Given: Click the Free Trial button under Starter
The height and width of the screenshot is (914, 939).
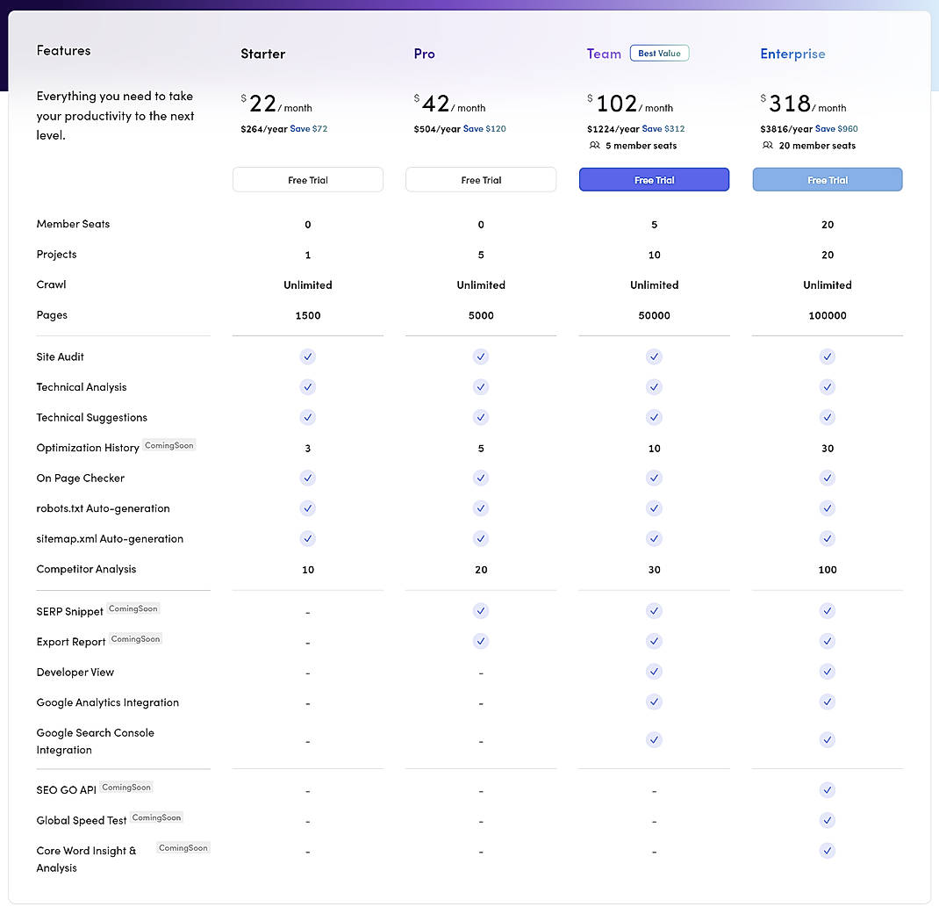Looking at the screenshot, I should pyautogui.click(x=308, y=180).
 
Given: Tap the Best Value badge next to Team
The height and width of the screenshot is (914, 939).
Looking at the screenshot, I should pyautogui.click(x=659, y=54).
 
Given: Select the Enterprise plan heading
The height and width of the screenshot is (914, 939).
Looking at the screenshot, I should pyautogui.click(x=792, y=54).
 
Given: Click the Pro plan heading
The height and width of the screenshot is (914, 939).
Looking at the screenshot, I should pyautogui.click(x=424, y=54).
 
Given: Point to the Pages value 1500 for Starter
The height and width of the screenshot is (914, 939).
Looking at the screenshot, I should pyautogui.click(x=308, y=315).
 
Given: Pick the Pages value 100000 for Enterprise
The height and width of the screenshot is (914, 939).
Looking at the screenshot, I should pyautogui.click(x=828, y=315).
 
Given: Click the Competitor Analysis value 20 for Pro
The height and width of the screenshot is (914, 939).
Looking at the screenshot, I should pyautogui.click(x=481, y=570).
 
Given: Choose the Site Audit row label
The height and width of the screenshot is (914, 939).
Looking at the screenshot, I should pyautogui.click(x=61, y=356).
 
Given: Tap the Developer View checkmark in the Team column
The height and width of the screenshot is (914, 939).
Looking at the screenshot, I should pyautogui.click(x=654, y=672).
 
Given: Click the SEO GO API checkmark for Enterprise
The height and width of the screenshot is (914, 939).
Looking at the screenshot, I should pyautogui.click(x=827, y=790).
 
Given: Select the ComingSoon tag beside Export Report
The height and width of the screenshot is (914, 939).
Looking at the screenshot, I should pyautogui.click(x=136, y=639).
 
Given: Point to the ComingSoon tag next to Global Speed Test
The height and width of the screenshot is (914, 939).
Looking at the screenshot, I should pyautogui.click(x=157, y=817).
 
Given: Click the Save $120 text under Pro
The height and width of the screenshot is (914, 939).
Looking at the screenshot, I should pyautogui.click(x=484, y=129).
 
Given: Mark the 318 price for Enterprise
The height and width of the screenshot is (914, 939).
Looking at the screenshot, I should pyautogui.click(x=790, y=104).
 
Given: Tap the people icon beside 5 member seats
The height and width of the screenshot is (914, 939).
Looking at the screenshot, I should pyautogui.click(x=595, y=146).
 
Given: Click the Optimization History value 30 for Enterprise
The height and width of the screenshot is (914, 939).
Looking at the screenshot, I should pyautogui.click(x=828, y=449).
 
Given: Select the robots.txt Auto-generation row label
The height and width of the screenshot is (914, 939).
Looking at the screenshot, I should pyautogui.click(x=103, y=508).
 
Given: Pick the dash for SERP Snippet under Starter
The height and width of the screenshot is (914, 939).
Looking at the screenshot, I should pyautogui.click(x=308, y=612).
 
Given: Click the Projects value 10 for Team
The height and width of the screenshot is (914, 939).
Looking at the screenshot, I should pyautogui.click(x=654, y=255).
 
